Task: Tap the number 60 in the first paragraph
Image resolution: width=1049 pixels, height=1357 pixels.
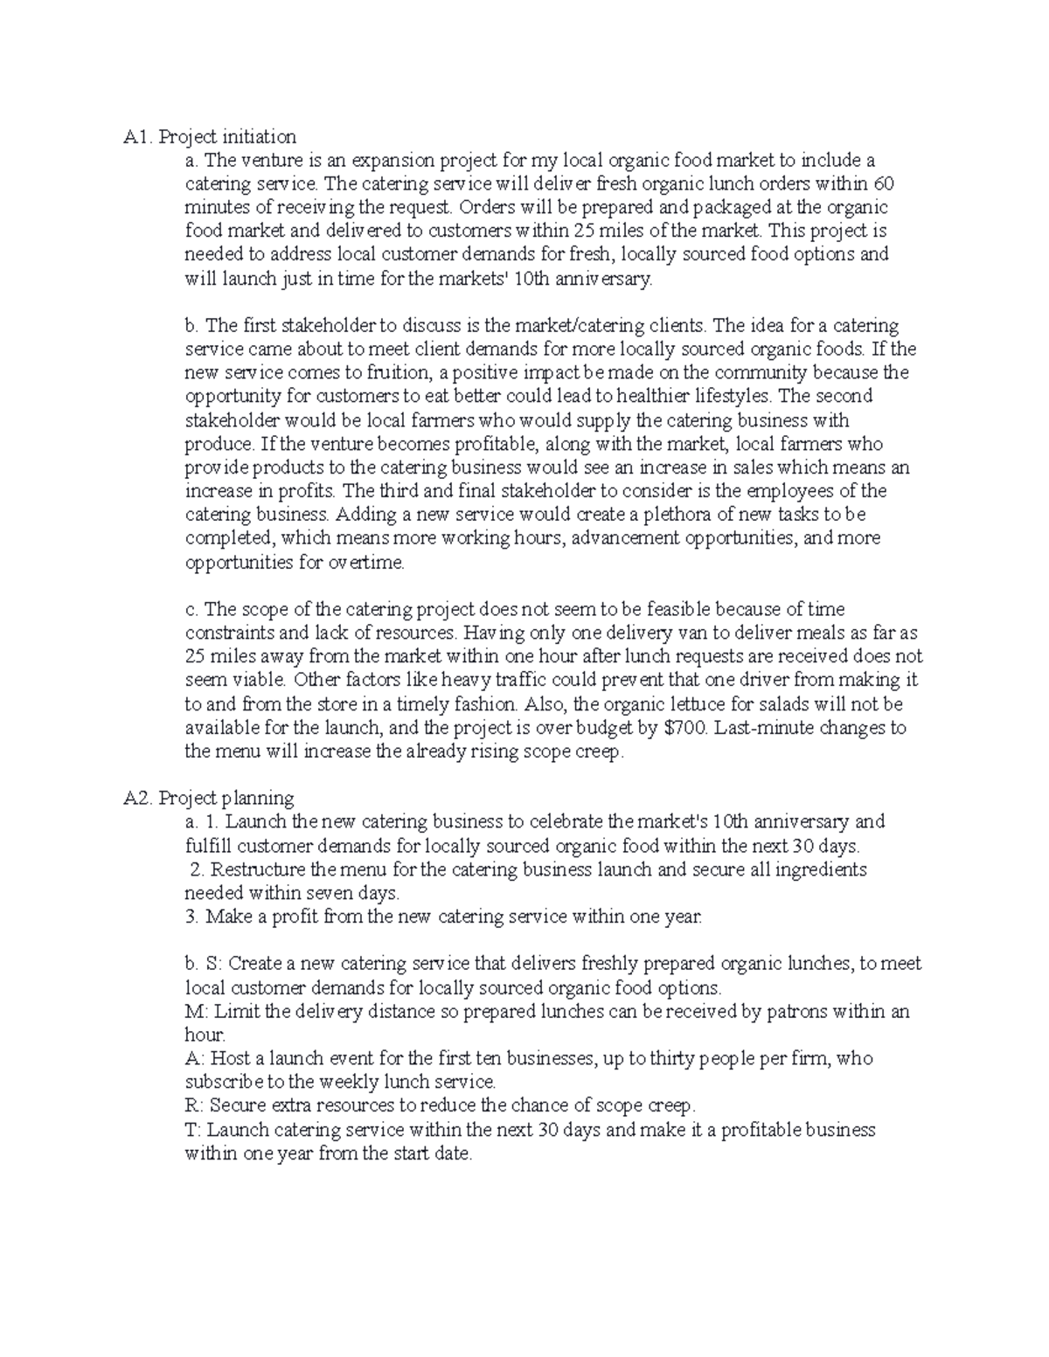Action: (x=884, y=183)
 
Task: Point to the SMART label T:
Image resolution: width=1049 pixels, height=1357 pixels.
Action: (x=193, y=1130)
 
